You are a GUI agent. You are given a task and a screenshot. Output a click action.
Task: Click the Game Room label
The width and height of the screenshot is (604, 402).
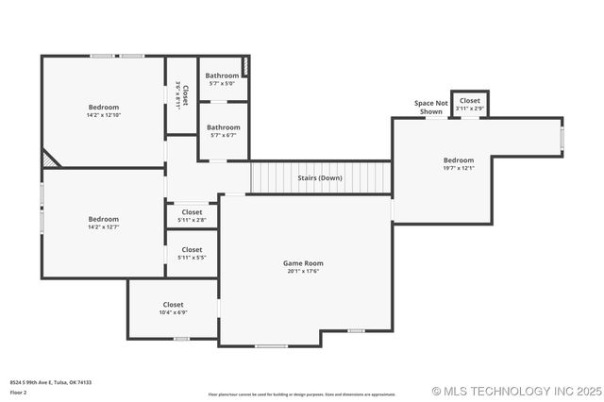tap(304, 263)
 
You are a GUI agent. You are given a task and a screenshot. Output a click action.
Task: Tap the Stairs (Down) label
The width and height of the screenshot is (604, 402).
tap(320, 177)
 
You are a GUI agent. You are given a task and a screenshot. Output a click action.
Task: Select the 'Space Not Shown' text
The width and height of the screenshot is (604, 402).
tap(431, 107)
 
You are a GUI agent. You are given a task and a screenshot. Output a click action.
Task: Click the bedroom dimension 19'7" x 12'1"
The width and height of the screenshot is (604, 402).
tap(459, 168)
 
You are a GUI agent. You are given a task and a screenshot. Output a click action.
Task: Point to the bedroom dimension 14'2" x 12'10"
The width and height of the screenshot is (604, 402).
tap(104, 115)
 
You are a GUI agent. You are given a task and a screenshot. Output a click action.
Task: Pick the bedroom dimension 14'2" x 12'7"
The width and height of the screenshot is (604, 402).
tap(104, 226)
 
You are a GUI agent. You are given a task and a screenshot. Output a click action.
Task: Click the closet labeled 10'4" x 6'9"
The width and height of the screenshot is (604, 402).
tap(173, 312)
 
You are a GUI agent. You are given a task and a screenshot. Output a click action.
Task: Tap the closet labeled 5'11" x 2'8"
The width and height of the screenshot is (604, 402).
tap(192, 220)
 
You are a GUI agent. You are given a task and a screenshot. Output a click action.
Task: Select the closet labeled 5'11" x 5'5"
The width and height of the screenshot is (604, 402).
tap(192, 257)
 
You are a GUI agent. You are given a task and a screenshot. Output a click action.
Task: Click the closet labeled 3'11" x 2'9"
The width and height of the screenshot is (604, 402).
tap(470, 108)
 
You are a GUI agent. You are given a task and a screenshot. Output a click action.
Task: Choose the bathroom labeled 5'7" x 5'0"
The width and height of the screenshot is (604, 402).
tap(223, 83)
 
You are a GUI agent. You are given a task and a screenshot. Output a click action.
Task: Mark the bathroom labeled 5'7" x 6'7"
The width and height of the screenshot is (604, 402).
tap(223, 135)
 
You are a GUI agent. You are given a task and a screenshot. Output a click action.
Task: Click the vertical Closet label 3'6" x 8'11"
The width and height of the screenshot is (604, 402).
tap(181, 94)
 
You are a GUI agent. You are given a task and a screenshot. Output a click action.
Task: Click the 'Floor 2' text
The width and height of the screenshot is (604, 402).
tap(18, 392)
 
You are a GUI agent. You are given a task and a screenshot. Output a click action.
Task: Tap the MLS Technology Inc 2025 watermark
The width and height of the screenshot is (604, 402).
tap(515, 391)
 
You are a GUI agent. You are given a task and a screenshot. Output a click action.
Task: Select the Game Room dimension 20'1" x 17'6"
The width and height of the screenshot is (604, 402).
tap(304, 271)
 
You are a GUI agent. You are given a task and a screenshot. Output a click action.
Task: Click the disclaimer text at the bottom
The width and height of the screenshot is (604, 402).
tap(302, 394)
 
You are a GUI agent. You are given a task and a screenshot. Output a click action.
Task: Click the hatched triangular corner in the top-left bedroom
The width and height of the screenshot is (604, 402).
tap(49, 159)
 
